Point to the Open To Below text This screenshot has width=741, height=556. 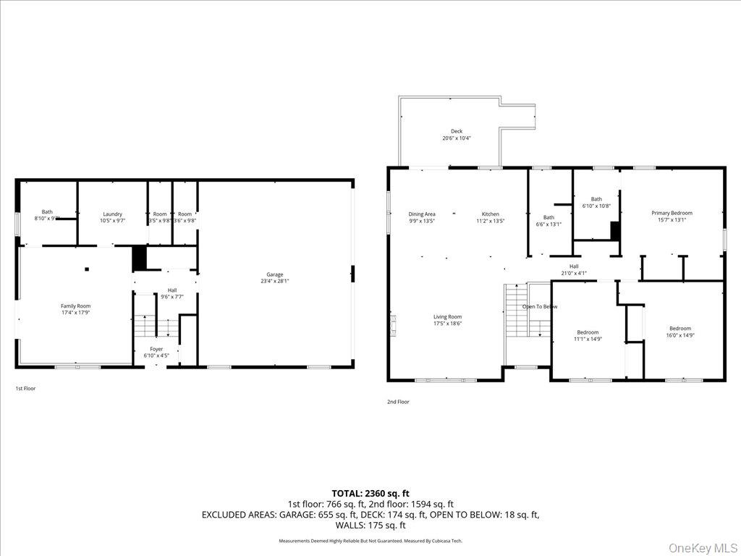click(540, 306)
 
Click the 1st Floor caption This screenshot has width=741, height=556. click(25, 389)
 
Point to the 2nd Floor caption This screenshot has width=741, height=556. click(397, 402)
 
